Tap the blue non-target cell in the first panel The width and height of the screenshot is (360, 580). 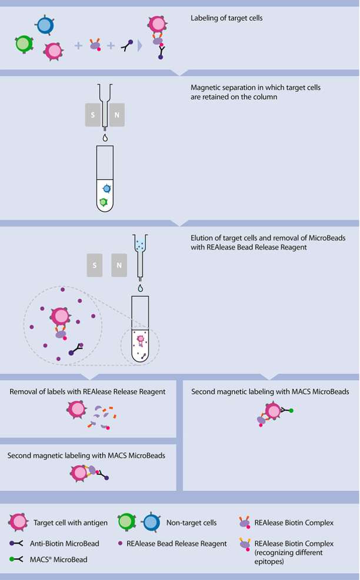44,25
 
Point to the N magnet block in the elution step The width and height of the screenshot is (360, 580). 118,265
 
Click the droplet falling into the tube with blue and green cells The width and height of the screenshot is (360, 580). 104,138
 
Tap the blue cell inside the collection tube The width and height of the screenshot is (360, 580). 106,188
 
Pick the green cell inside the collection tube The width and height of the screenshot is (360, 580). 103,202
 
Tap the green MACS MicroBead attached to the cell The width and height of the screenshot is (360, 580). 291,409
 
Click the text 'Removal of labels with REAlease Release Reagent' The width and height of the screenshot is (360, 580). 88,392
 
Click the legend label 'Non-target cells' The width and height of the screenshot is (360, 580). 191,522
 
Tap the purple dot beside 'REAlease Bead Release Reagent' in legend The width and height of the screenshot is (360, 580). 122,544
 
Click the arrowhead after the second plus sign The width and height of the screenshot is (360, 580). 140,45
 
